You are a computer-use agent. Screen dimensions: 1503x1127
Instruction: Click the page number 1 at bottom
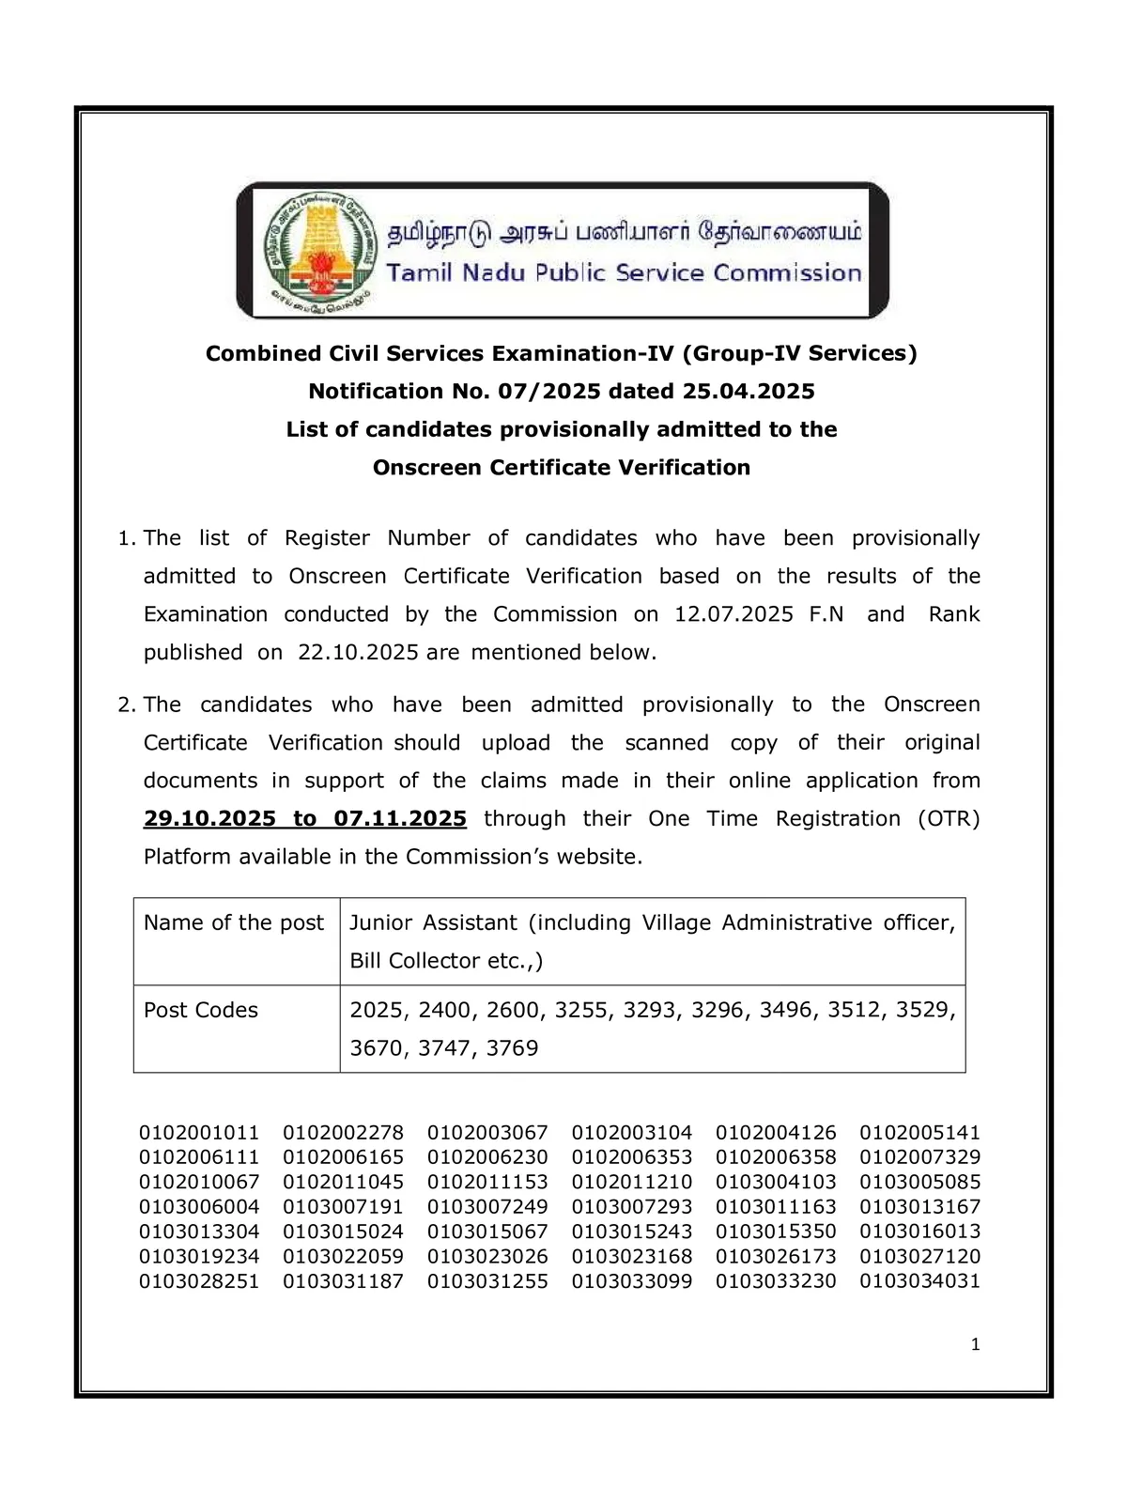point(975,1344)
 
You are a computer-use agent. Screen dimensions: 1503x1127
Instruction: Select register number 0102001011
point(199,1133)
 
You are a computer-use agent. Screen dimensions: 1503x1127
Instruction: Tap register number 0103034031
point(919,1280)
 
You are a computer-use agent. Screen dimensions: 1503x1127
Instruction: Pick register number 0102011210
point(631,1182)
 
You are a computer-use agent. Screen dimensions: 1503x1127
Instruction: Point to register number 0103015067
point(487,1232)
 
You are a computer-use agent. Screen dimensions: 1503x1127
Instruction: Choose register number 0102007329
point(919,1157)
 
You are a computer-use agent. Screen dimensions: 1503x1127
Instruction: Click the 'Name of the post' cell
point(234,922)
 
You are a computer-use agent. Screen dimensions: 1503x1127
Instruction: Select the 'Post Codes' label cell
point(201,1010)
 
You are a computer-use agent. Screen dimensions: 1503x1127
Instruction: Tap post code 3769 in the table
point(512,1048)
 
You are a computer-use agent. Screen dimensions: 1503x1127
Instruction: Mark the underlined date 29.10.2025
point(209,818)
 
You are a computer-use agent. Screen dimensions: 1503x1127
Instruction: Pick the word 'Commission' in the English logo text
point(787,273)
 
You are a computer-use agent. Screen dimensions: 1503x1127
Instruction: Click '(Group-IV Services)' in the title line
point(799,353)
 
